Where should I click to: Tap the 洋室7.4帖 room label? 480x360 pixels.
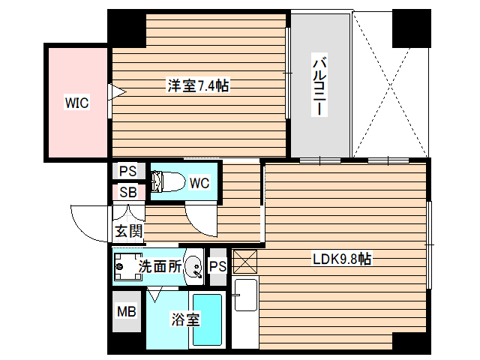(197, 86)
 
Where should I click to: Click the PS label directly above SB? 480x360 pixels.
(127, 170)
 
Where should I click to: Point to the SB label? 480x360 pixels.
(127, 191)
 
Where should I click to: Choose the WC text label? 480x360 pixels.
(199, 183)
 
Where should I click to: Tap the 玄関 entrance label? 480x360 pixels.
(128, 230)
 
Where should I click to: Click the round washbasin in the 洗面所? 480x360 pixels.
(193, 266)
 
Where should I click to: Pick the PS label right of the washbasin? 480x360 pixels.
(217, 266)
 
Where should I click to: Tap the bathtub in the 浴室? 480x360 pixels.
(208, 319)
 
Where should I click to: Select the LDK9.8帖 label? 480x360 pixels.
(342, 259)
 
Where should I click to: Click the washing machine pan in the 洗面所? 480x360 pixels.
(127, 266)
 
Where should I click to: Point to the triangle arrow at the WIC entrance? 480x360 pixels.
(117, 93)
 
